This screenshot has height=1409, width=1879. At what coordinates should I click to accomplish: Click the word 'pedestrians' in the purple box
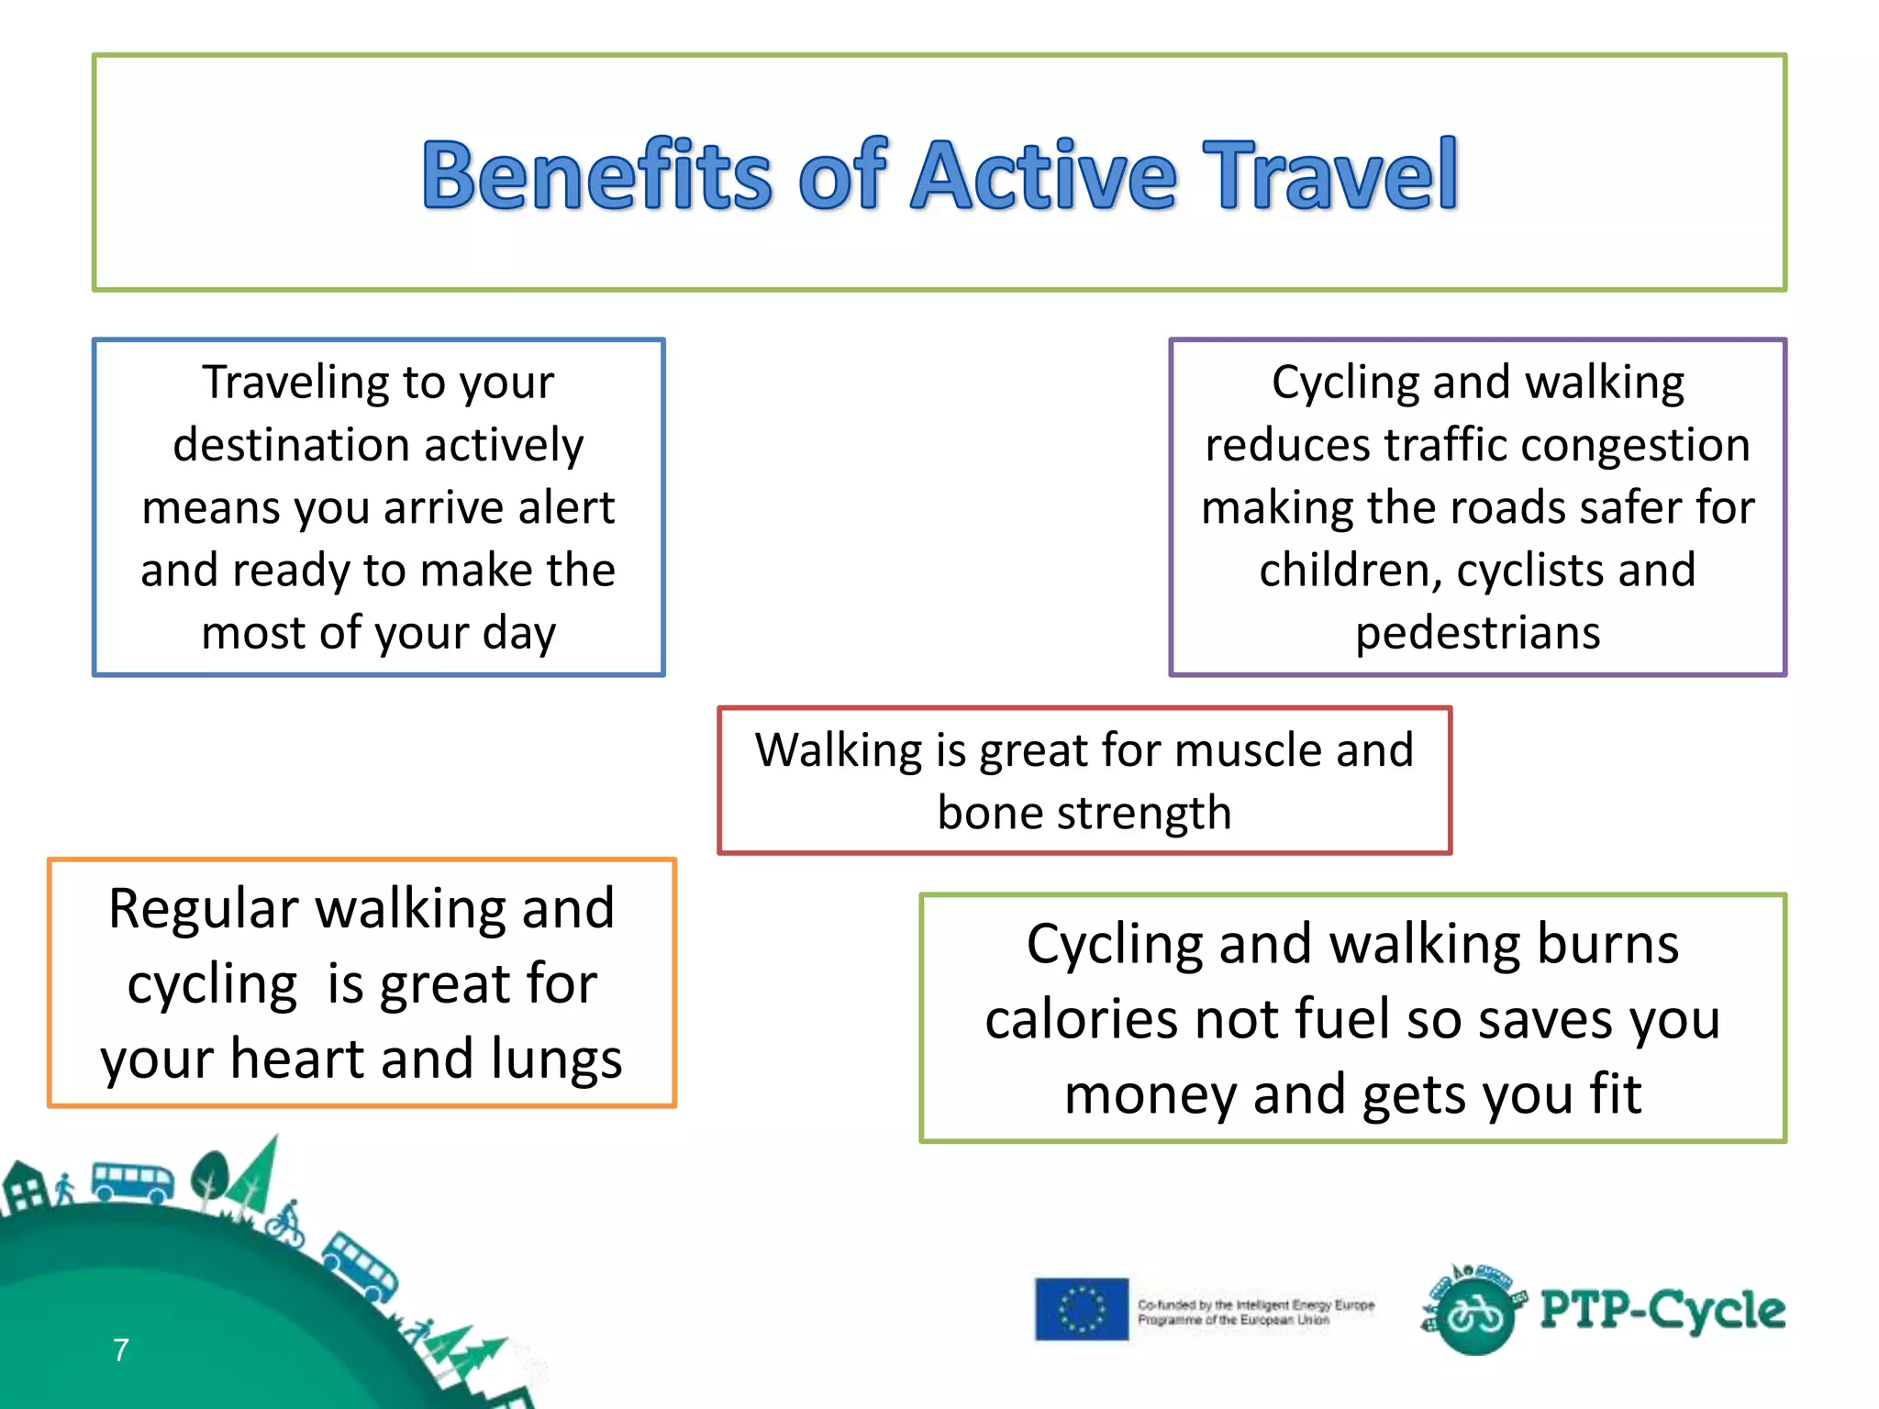(1478, 633)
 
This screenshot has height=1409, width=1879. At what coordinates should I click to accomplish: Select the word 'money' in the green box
(1151, 1094)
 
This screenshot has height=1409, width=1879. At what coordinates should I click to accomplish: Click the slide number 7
(121, 1350)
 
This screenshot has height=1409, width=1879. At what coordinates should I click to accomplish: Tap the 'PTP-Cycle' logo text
(1662, 1310)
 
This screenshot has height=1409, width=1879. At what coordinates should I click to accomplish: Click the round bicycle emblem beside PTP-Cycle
(1475, 1315)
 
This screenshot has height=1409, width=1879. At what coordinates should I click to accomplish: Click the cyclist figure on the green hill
(286, 1224)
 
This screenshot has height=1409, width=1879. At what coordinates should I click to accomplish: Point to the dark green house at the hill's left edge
(25, 1188)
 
